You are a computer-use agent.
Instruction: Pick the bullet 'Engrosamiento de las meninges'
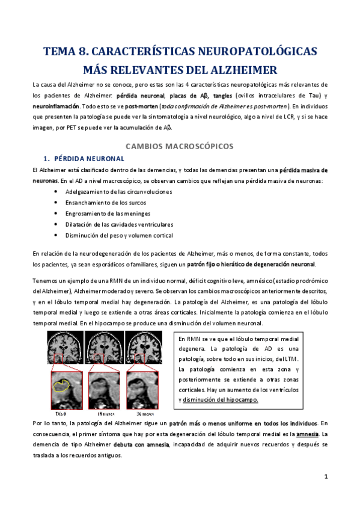(x=104, y=214)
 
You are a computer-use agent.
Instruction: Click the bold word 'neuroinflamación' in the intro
(x=56, y=105)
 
